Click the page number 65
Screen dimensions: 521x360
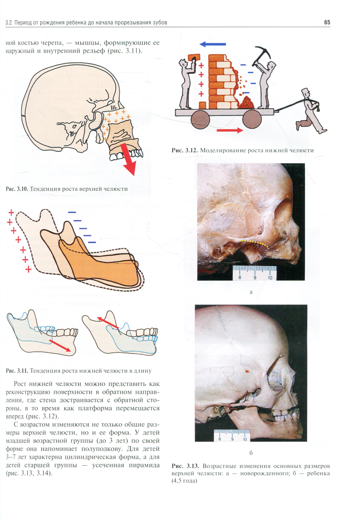327,22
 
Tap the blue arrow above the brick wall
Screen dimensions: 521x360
213,44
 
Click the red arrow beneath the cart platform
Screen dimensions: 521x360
230,130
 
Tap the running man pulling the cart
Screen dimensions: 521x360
310,112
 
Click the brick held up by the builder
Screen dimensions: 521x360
194,58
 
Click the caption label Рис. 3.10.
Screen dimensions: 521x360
16,189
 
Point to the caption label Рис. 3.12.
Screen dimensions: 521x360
184,150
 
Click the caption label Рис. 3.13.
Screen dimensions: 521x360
184,466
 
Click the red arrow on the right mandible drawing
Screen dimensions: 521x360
108,323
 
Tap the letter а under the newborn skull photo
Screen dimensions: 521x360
251,292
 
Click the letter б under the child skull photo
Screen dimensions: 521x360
251,453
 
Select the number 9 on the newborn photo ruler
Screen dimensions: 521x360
255,277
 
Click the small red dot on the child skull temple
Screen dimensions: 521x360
247,370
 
